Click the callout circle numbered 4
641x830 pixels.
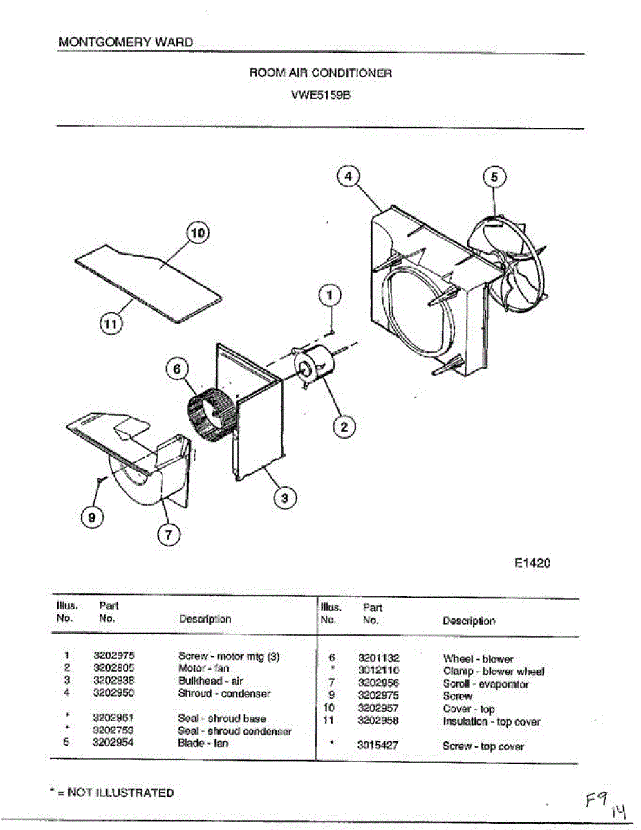(x=349, y=177)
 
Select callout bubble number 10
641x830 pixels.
(x=197, y=234)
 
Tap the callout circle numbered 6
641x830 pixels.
(x=176, y=369)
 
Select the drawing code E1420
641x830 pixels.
(x=532, y=563)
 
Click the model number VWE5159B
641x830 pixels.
(x=321, y=97)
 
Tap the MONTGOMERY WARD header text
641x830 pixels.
(x=126, y=42)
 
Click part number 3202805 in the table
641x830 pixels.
(x=113, y=668)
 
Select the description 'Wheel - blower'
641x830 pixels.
(x=478, y=659)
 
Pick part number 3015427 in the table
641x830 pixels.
(x=378, y=746)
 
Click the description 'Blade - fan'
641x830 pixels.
(x=203, y=743)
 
